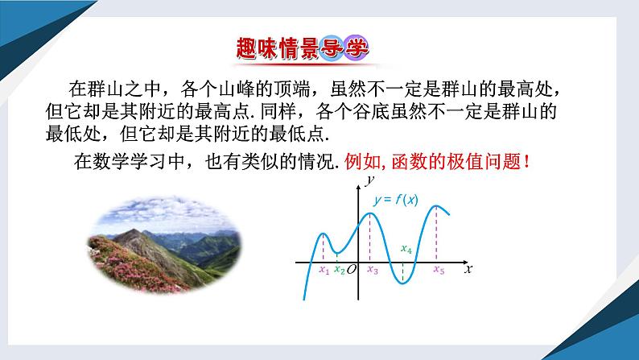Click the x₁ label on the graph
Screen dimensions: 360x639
pyautogui.click(x=324, y=271)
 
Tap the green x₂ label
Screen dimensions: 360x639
pyautogui.click(x=339, y=271)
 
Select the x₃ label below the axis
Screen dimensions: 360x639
pyautogui.click(x=372, y=271)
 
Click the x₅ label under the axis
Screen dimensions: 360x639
pyautogui.click(x=438, y=271)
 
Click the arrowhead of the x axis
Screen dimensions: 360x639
pyautogui.click(x=461, y=263)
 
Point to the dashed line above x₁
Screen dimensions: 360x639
pyautogui.click(x=323, y=247)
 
